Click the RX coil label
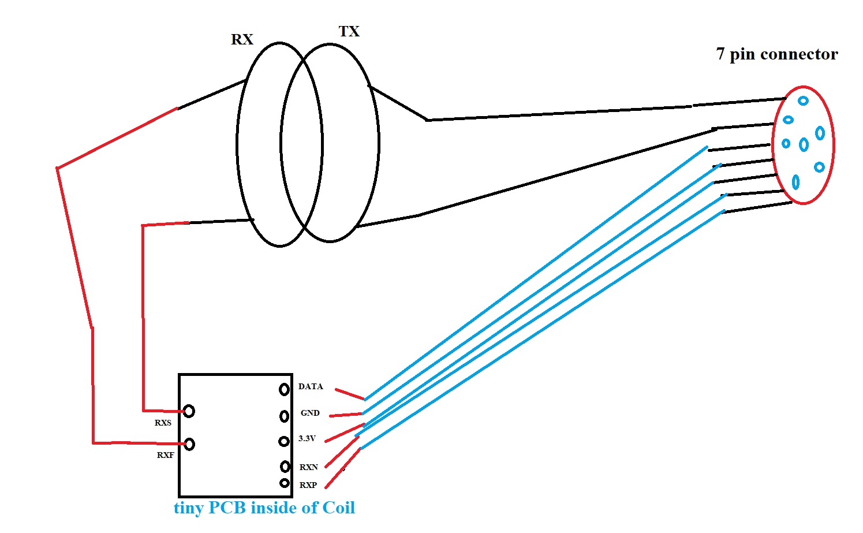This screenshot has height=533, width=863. pyautogui.click(x=242, y=39)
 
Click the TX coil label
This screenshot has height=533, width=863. pyautogui.click(x=349, y=31)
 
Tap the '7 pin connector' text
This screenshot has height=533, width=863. pyautogui.click(x=776, y=54)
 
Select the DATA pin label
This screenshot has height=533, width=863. pyautogui.click(x=311, y=386)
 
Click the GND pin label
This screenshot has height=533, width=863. pyautogui.click(x=310, y=413)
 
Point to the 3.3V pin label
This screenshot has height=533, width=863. pyautogui.click(x=307, y=438)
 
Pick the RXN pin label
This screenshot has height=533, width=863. pyautogui.click(x=309, y=467)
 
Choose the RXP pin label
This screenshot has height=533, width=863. pyautogui.click(x=308, y=485)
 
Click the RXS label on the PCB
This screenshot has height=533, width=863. pyautogui.click(x=163, y=423)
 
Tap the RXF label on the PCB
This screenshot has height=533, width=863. pyautogui.click(x=165, y=455)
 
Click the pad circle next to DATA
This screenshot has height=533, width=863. pyautogui.click(x=284, y=390)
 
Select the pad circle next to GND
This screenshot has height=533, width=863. pyautogui.click(x=284, y=416)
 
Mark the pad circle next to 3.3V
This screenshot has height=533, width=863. pyautogui.click(x=283, y=441)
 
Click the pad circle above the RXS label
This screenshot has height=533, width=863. pyautogui.click(x=189, y=411)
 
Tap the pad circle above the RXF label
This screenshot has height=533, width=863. pyautogui.click(x=189, y=444)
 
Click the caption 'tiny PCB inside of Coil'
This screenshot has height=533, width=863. pyautogui.click(x=264, y=508)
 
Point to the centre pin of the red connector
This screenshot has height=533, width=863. pyautogui.click(x=804, y=144)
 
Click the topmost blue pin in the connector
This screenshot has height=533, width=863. pyautogui.click(x=803, y=100)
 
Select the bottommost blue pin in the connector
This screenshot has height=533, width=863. pyautogui.click(x=795, y=182)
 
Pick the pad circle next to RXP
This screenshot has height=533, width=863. pyautogui.click(x=285, y=483)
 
